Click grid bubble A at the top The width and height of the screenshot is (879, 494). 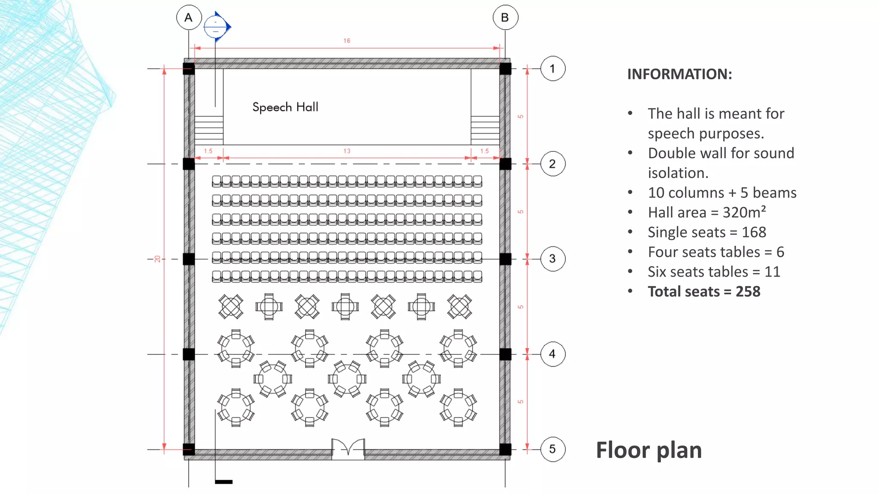tap(189, 18)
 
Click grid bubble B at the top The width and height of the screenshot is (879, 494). tap(505, 18)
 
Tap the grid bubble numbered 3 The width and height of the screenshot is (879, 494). tap(552, 259)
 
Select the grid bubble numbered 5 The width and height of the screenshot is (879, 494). tap(552, 449)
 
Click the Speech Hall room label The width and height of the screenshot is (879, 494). tap(285, 107)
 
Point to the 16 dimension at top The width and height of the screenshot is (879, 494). tap(347, 41)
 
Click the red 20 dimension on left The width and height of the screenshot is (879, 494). tap(158, 259)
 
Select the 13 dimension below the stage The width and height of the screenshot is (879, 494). tap(347, 151)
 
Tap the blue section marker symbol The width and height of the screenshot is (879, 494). tap(216, 27)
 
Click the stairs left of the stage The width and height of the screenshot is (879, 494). tap(209, 130)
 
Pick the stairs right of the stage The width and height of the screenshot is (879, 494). tap(485, 130)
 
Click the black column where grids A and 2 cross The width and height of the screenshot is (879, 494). tap(189, 164)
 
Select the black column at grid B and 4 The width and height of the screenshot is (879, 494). tap(505, 354)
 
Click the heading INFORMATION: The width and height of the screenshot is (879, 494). tap(679, 74)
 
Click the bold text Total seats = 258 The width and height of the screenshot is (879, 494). tap(704, 292)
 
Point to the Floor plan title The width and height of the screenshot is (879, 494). tap(649, 450)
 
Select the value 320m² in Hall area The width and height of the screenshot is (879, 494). tap(744, 212)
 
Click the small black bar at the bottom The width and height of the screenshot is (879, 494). tap(224, 482)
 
